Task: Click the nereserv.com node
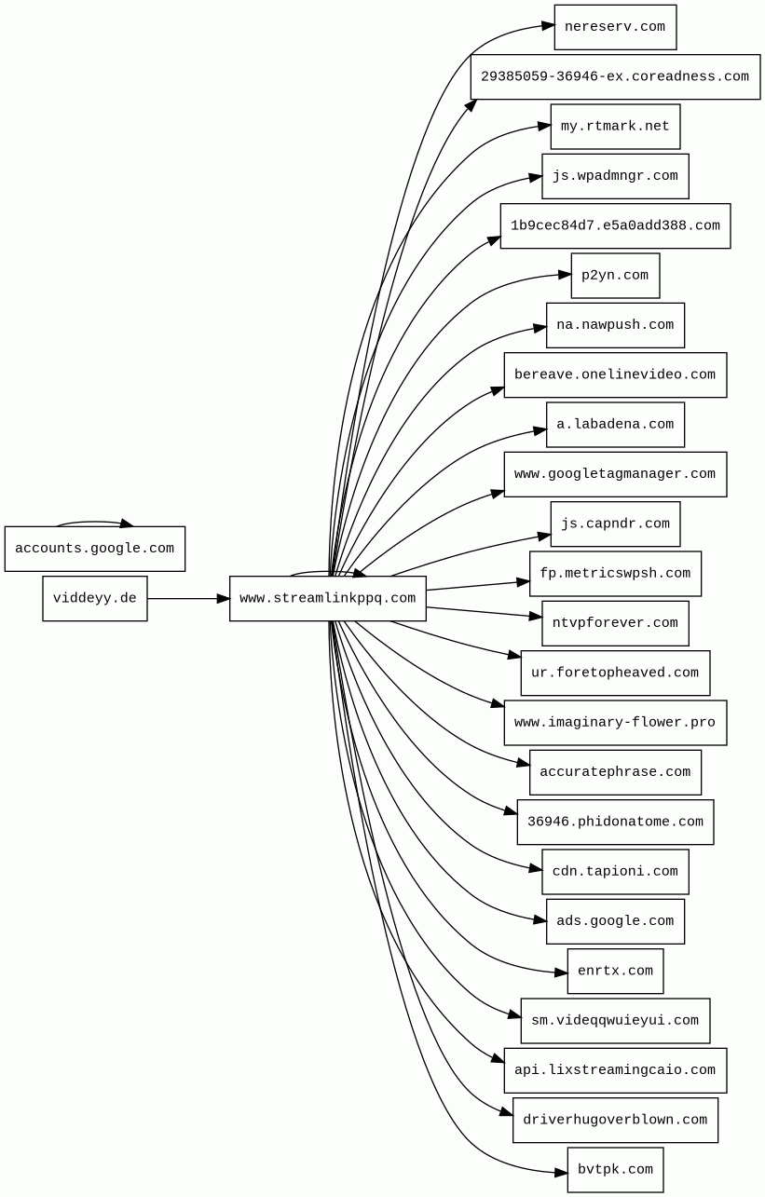615,27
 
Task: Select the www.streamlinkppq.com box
327,598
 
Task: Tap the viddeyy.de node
94,598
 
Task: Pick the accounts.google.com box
94,549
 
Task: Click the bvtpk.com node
615,1169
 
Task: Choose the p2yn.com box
615,276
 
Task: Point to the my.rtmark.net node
615,127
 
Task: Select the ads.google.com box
615,921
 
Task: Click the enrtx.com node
615,971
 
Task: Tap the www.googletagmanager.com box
615,474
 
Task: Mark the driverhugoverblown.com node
615,1120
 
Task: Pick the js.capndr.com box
615,524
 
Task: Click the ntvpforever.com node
615,623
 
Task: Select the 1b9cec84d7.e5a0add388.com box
615,225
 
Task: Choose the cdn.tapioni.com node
615,872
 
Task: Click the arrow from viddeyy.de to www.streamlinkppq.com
186,598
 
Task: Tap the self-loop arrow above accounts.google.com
93,523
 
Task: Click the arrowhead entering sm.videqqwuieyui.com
514,1014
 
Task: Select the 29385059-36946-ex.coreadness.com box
615,76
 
